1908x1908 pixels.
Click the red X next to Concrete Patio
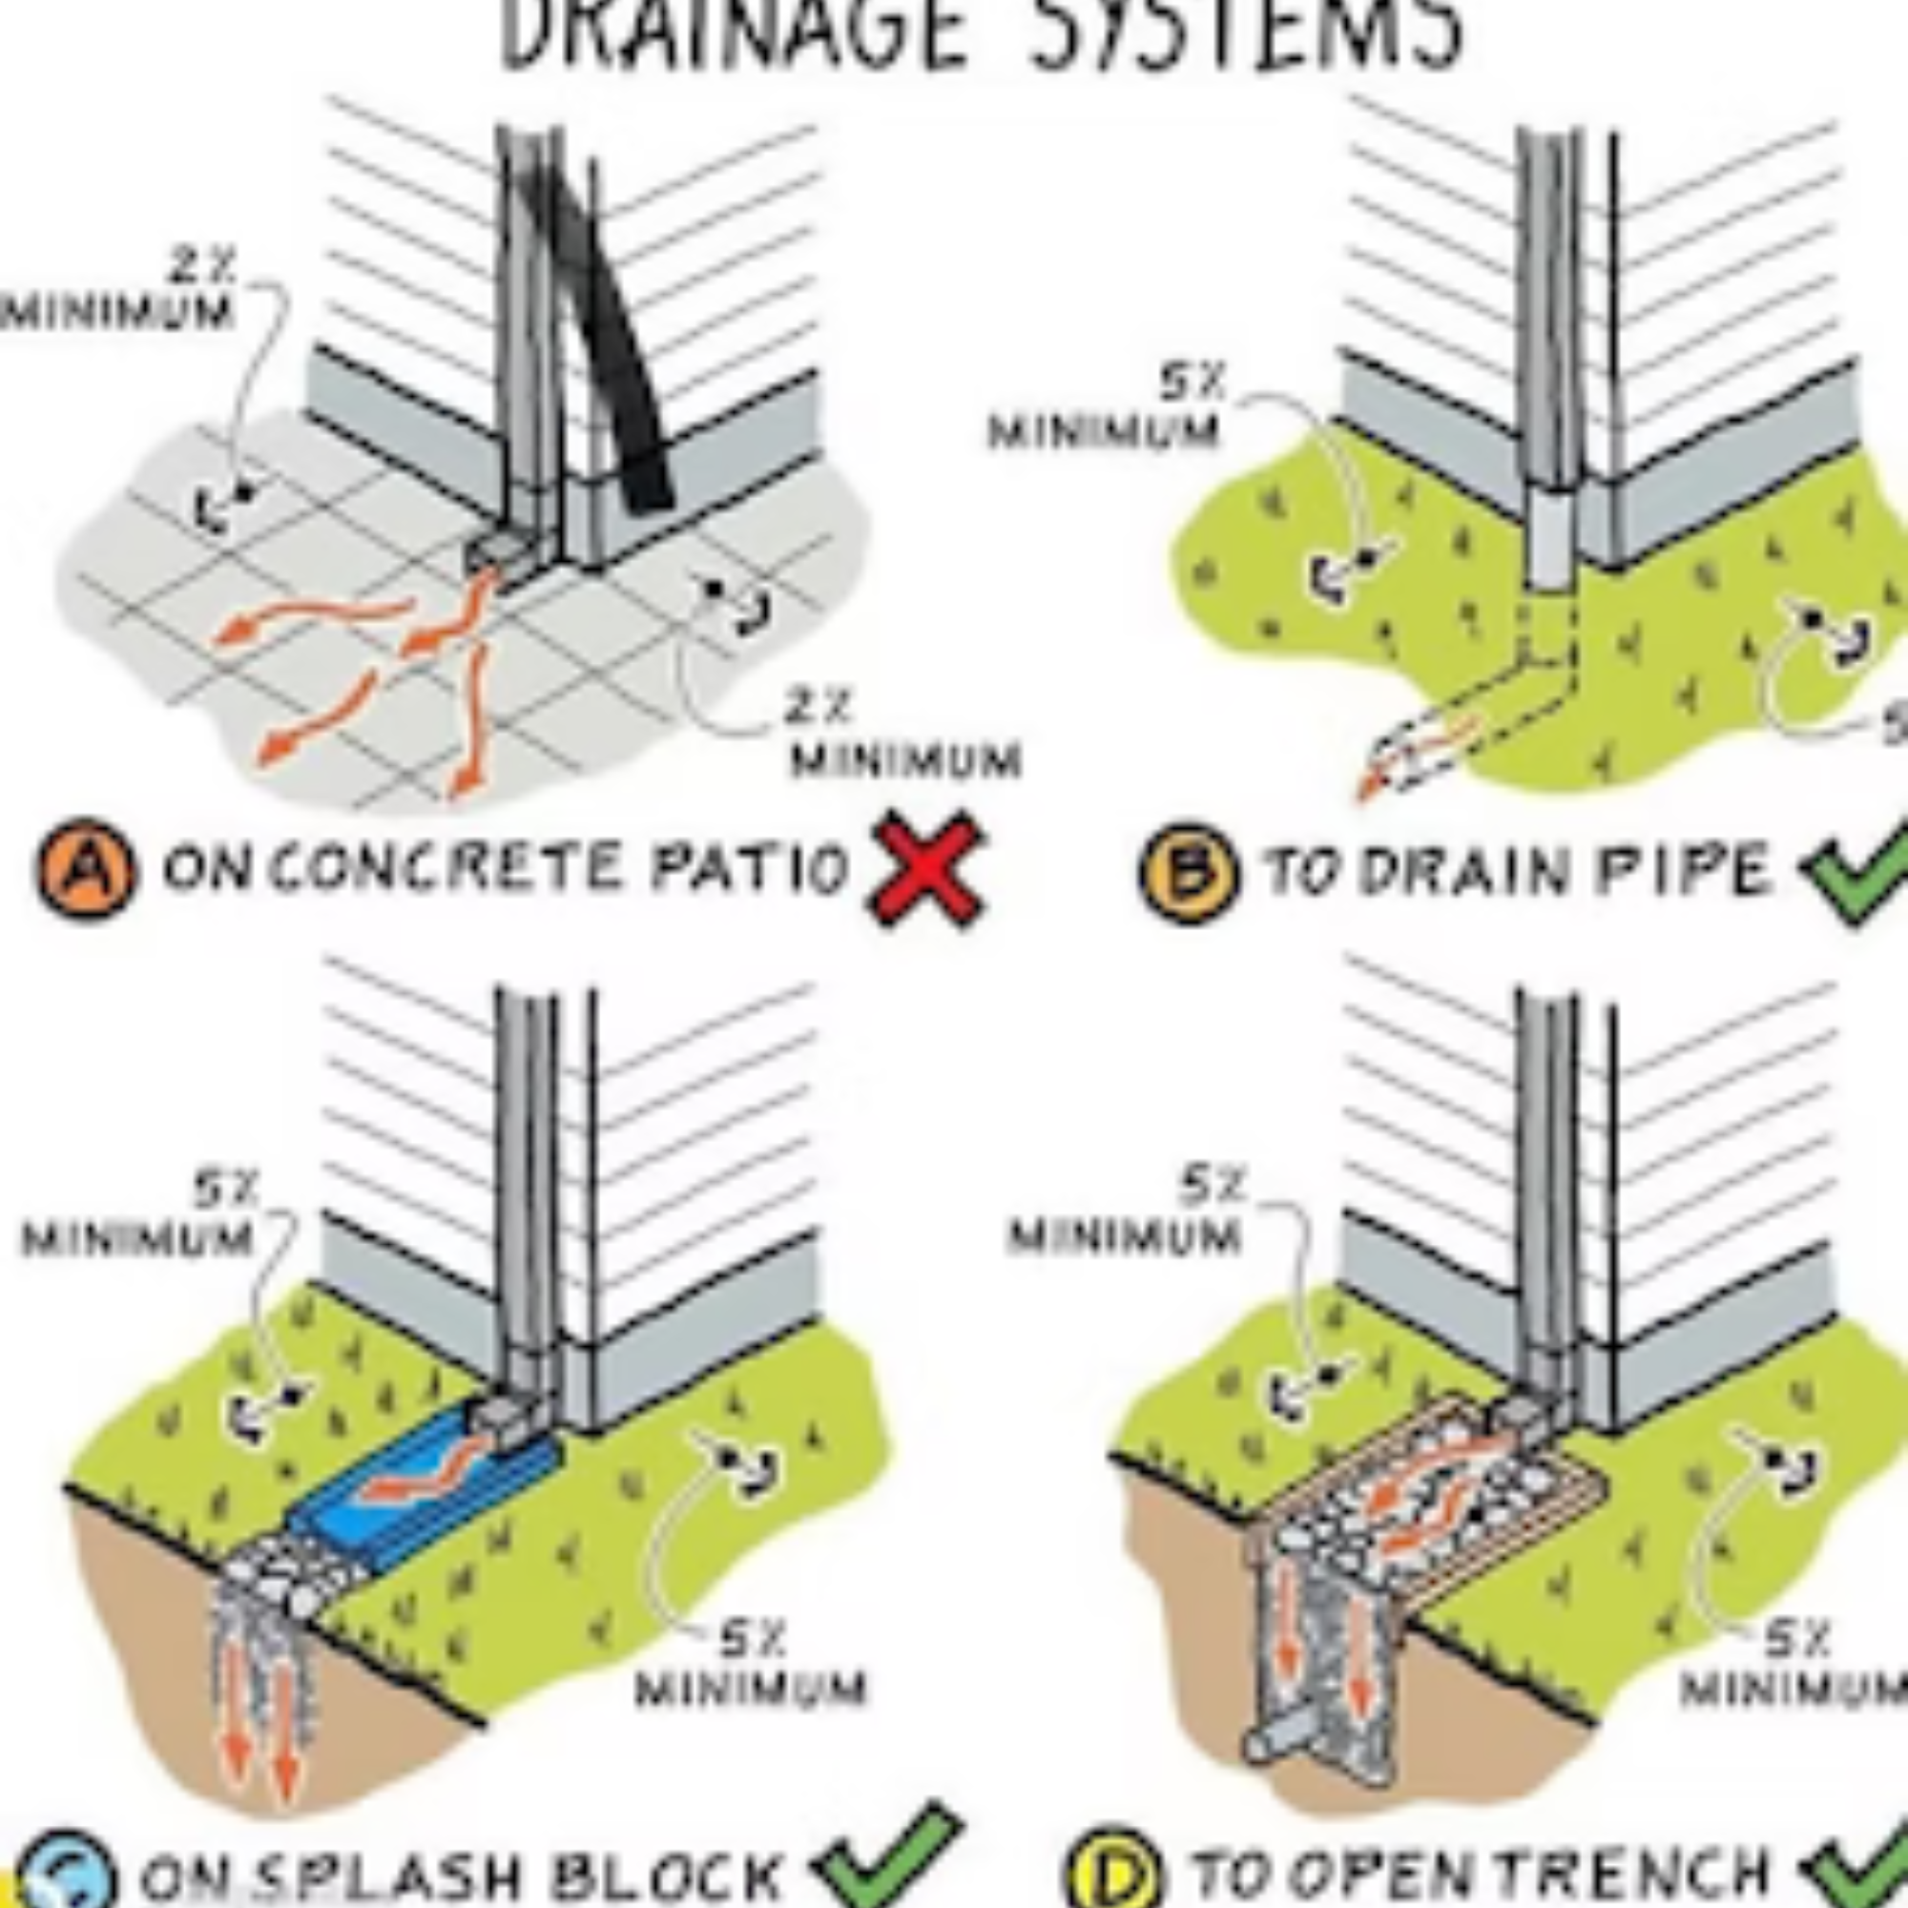tap(925, 868)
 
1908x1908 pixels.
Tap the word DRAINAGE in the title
tap(731, 34)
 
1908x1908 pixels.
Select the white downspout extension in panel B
tap(1547, 538)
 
